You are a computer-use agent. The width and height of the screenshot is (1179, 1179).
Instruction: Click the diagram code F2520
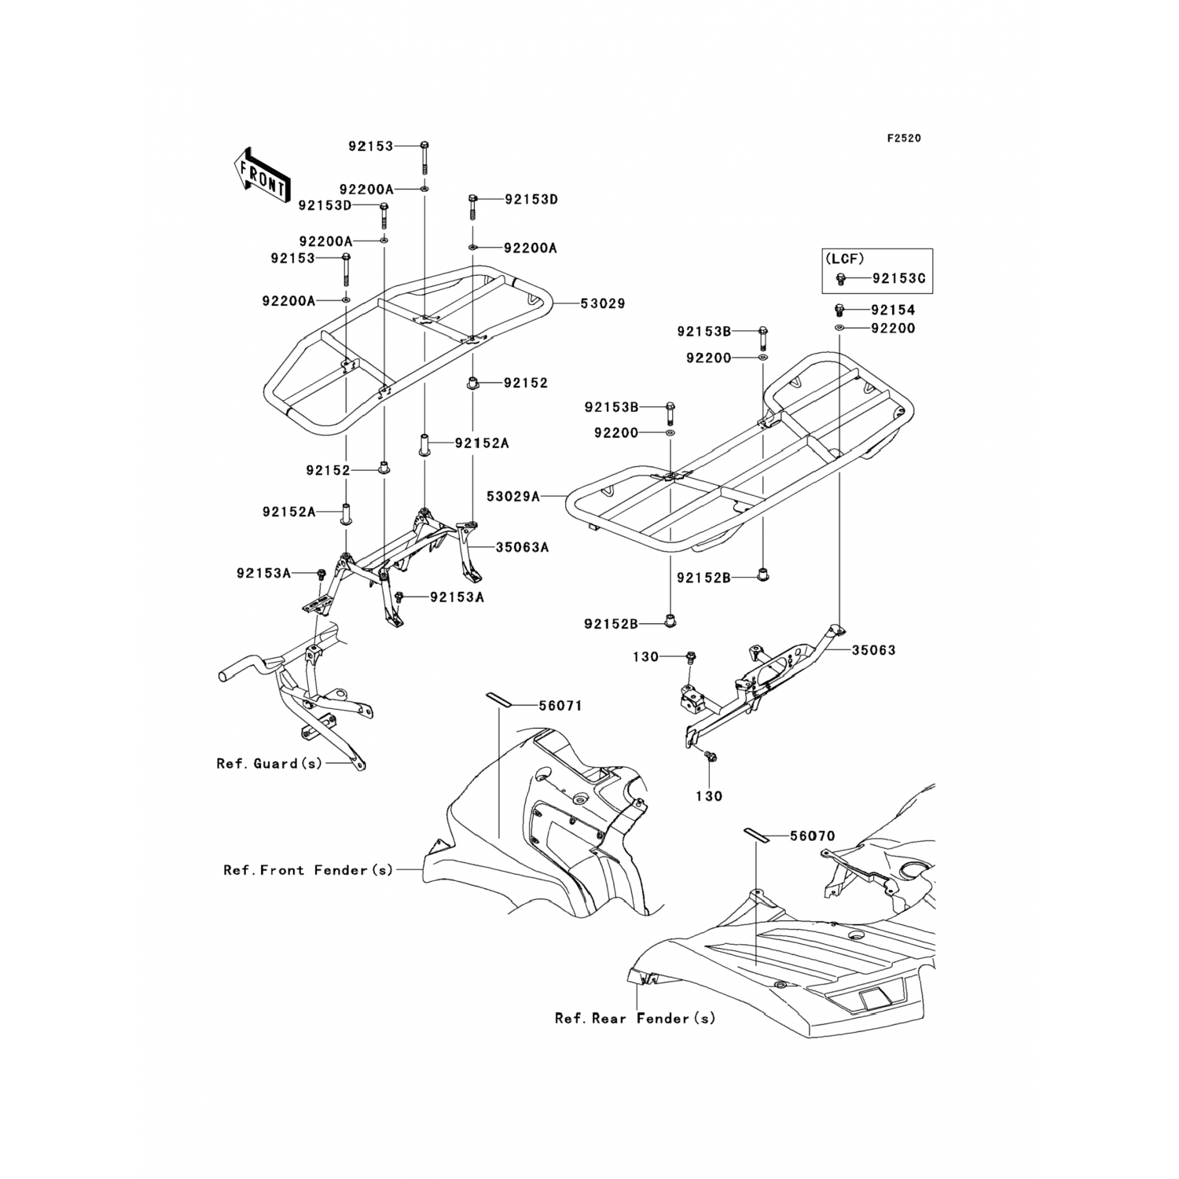click(x=903, y=138)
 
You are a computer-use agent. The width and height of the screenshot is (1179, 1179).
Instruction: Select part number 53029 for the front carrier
click(x=603, y=303)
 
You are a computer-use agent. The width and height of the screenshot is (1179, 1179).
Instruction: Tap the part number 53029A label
click(x=513, y=497)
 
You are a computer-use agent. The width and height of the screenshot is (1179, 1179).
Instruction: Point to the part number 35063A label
click(x=522, y=548)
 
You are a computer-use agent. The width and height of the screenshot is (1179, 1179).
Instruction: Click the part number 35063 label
click(x=873, y=651)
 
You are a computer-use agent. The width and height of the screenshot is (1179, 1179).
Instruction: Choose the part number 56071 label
click(x=560, y=706)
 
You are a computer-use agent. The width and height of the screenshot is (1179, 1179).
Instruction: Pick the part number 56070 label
click(x=812, y=836)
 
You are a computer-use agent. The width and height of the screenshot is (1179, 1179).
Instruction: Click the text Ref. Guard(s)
click(x=269, y=763)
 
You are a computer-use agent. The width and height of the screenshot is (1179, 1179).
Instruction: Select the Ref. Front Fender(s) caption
click(x=308, y=870)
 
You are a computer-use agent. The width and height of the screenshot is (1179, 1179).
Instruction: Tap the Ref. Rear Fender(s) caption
click(x=635, y=1019)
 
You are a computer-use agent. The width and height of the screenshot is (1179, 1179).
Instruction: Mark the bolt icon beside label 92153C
click(x=840, y=278)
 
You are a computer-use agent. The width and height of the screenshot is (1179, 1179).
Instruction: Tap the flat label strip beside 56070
click(x=756, y=832)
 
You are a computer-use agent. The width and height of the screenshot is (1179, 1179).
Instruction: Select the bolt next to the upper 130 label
click(x=690, y=656)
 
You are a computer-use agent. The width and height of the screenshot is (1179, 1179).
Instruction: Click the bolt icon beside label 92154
click(x=839, y=310)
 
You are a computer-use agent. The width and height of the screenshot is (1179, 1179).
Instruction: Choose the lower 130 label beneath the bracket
click(x=709, y=796)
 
